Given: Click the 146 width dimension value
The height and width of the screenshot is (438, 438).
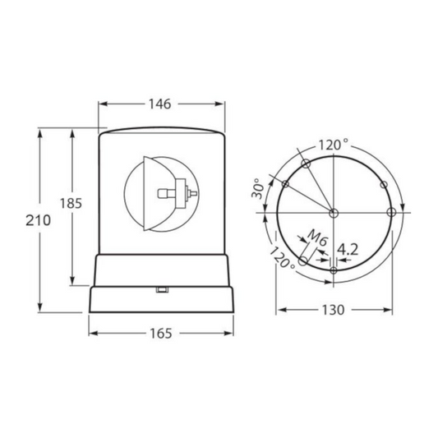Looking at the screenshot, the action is pyautogui.click(x=159, y=104).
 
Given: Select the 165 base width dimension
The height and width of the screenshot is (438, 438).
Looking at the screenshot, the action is pyautogui.click(x=161, y=334).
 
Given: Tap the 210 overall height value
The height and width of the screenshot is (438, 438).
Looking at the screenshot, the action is pyautogui.click(x=39, y=221).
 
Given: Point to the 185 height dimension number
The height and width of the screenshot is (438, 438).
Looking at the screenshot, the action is pyautogui.click(x=71, y=203).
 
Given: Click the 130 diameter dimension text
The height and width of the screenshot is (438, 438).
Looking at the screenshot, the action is pyautogui.click(x=334, y=310).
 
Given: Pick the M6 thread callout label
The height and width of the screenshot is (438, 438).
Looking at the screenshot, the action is pyautogui.click(x=316, y=238).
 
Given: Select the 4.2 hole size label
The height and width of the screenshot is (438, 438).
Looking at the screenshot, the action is pyautogui.click(x=348, y=250).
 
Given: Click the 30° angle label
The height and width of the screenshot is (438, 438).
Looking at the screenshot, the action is pyautogui.click(x=258, y=188).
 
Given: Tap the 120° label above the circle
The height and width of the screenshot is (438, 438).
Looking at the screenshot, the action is pyautogui.click(x=334, y=145).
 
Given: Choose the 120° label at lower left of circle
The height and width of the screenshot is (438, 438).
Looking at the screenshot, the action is pyautogui.click(x=282, y=257).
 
